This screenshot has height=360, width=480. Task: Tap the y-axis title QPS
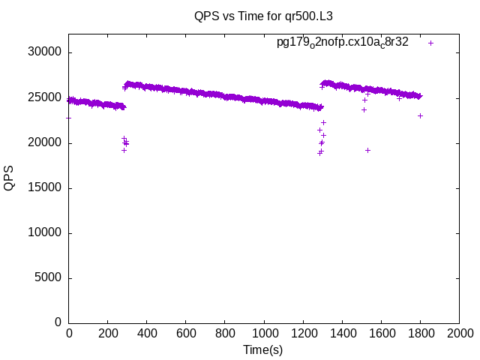pyautogui.click(x=10, y=178)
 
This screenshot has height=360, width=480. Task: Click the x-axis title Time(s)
pyautogui.click(x=262, y=349)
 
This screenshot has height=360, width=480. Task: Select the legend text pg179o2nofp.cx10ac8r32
pyautogui.click(x=343, y=43)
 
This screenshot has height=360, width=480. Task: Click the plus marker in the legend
pyautogui.click(x=430, y=43)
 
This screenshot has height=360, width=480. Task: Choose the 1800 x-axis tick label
pyautogui.click(x=420, y=334)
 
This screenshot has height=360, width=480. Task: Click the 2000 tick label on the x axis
pyautogui.click(x=459, y=334)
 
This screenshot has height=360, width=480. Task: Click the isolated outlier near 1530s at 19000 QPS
pyautogui.click(x=367, y=150)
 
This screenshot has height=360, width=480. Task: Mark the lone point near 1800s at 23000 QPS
pyautogui.click(x=420, y=115)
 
